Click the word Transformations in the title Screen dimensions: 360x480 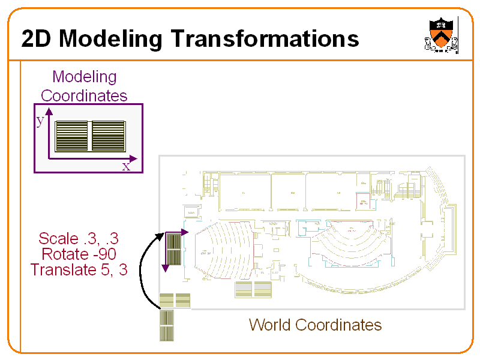(265, 39)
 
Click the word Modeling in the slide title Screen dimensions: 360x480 (110, 40)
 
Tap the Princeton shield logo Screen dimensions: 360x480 (441, 35)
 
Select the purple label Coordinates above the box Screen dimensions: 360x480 (84, 95)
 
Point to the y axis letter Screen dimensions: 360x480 (40, 120)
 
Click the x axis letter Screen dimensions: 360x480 (126, 166)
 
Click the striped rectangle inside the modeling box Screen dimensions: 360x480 (90, 136)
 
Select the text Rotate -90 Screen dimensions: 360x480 (79, 254)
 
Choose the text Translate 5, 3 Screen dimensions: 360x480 (79, 270)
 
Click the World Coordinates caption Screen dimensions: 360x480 (315, 325)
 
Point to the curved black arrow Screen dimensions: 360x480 (142, 270)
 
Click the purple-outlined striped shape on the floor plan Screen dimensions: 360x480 (173, 249)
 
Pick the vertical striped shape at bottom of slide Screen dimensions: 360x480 (166, 325)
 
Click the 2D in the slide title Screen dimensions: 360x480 (37, 40)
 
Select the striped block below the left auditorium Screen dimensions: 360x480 (253, 289)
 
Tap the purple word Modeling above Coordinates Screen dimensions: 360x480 (84, 77)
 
